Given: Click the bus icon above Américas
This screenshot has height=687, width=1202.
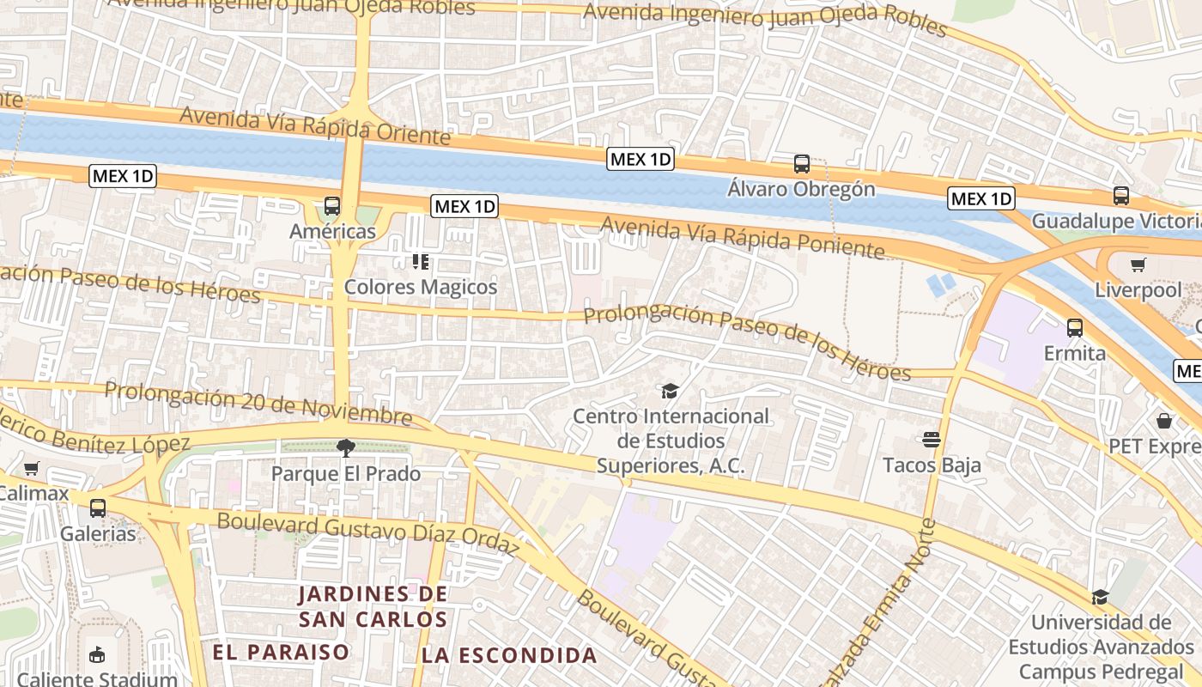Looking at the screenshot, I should click(x=332, y=206).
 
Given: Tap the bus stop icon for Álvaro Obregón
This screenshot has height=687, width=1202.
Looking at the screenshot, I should click(x=802, y=163).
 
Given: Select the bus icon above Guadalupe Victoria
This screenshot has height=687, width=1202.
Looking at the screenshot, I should click(x=1121, y=196).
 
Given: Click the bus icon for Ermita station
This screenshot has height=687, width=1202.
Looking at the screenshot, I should click(x=1075, y=327).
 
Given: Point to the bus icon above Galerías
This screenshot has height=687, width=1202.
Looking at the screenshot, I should click(x=98, y=508).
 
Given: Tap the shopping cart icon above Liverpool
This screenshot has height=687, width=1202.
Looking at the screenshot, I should click(x=1138, y=264).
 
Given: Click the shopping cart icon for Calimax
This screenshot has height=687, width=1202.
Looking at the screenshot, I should click(x=32, y=468).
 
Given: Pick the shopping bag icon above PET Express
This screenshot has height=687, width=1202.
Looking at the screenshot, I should click(x=1164, y=421).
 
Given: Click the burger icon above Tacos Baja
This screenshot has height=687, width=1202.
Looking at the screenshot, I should click(x=932, y=440).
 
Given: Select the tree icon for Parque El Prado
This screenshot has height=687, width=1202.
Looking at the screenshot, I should click(x=346, y=447).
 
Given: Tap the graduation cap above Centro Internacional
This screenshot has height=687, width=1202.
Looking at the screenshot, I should click(x=670, y=392).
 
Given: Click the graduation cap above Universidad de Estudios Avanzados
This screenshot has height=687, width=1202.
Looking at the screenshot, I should click(x=1100, y=597).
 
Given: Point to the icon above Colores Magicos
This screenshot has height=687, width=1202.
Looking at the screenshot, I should click(x=420, y=261).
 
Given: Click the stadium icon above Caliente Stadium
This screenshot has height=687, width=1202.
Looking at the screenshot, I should click(x=97, y=654).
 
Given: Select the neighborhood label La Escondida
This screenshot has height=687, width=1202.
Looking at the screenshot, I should click(x=509, y=655).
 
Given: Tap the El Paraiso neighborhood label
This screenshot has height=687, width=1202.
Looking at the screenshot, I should click(x=281, y=652).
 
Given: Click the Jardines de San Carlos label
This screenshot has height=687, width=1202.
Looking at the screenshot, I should click(x=373, y=606).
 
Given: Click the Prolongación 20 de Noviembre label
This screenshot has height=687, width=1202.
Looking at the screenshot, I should click(x=258, y=404).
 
